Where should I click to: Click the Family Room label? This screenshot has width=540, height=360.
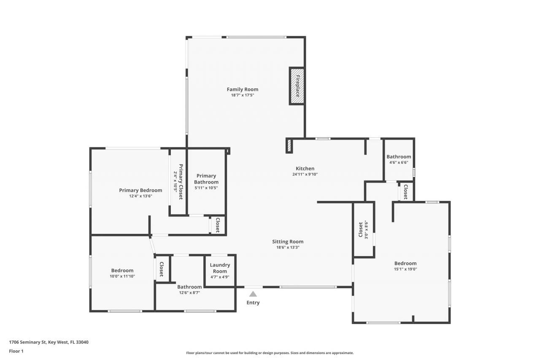point(242,89)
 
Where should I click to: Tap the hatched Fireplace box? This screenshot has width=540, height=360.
point(297,86)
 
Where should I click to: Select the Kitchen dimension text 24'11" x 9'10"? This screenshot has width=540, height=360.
point(305,174)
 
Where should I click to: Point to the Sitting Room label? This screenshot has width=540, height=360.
point(287,242)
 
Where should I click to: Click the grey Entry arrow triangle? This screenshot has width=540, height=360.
point(253,294)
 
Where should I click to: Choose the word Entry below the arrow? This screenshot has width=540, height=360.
point(253,303)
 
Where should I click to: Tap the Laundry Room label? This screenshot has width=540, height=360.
point(220,268)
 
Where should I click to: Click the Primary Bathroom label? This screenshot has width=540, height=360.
point(206,179)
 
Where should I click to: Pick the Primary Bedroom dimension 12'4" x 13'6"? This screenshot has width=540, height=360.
point(140,196)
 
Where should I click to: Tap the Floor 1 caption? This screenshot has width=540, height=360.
point(16,351)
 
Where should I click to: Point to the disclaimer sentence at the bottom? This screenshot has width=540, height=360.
point(270,353)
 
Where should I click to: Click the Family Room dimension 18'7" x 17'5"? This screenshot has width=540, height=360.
point(242,95)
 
